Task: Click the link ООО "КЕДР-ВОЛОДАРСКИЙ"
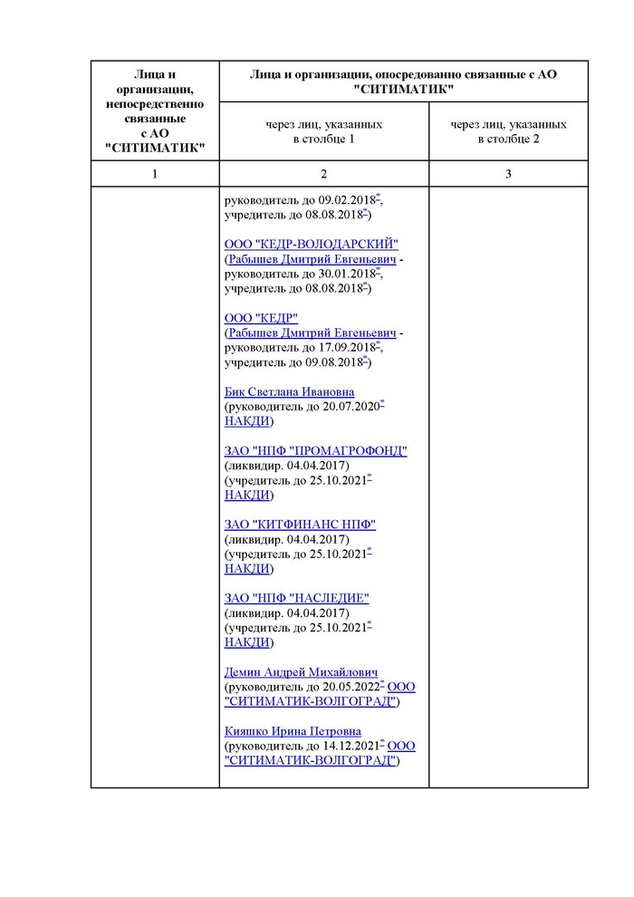[x=311, y=245]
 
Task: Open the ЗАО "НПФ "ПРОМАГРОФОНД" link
[x=315, y=451]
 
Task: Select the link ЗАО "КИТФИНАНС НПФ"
[x=300, y=525]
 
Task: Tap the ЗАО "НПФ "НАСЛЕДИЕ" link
[x=296, y=598]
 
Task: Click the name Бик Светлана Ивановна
[x=289, y=391]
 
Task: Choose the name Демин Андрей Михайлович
[x=300, y=671]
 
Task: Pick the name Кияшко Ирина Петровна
[x=293, y=730]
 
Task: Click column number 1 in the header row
[x=155, y=174]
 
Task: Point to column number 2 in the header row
[x=323, y=174]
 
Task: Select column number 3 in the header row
[x=508, y=174]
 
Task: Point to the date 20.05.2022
[x=350, y=687]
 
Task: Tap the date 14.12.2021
[x=350, y=746]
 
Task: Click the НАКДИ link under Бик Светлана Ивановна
[x=246, y=421]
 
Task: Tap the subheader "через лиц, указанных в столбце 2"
[x=508, y=131]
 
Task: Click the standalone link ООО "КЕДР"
[x=261, y=318]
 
